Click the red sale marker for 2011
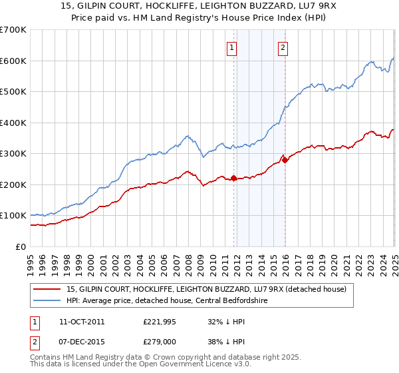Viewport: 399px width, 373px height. [233, 178]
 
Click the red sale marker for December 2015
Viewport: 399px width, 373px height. [285, 160]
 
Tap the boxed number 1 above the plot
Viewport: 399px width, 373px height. [232, 47]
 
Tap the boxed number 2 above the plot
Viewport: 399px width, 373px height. [283, 47]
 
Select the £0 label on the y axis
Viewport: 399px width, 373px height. [22, 246]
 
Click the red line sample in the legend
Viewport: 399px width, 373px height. [47, 289]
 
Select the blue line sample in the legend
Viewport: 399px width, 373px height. [47, 300]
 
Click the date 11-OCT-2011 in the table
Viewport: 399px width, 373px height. [82, 322]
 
